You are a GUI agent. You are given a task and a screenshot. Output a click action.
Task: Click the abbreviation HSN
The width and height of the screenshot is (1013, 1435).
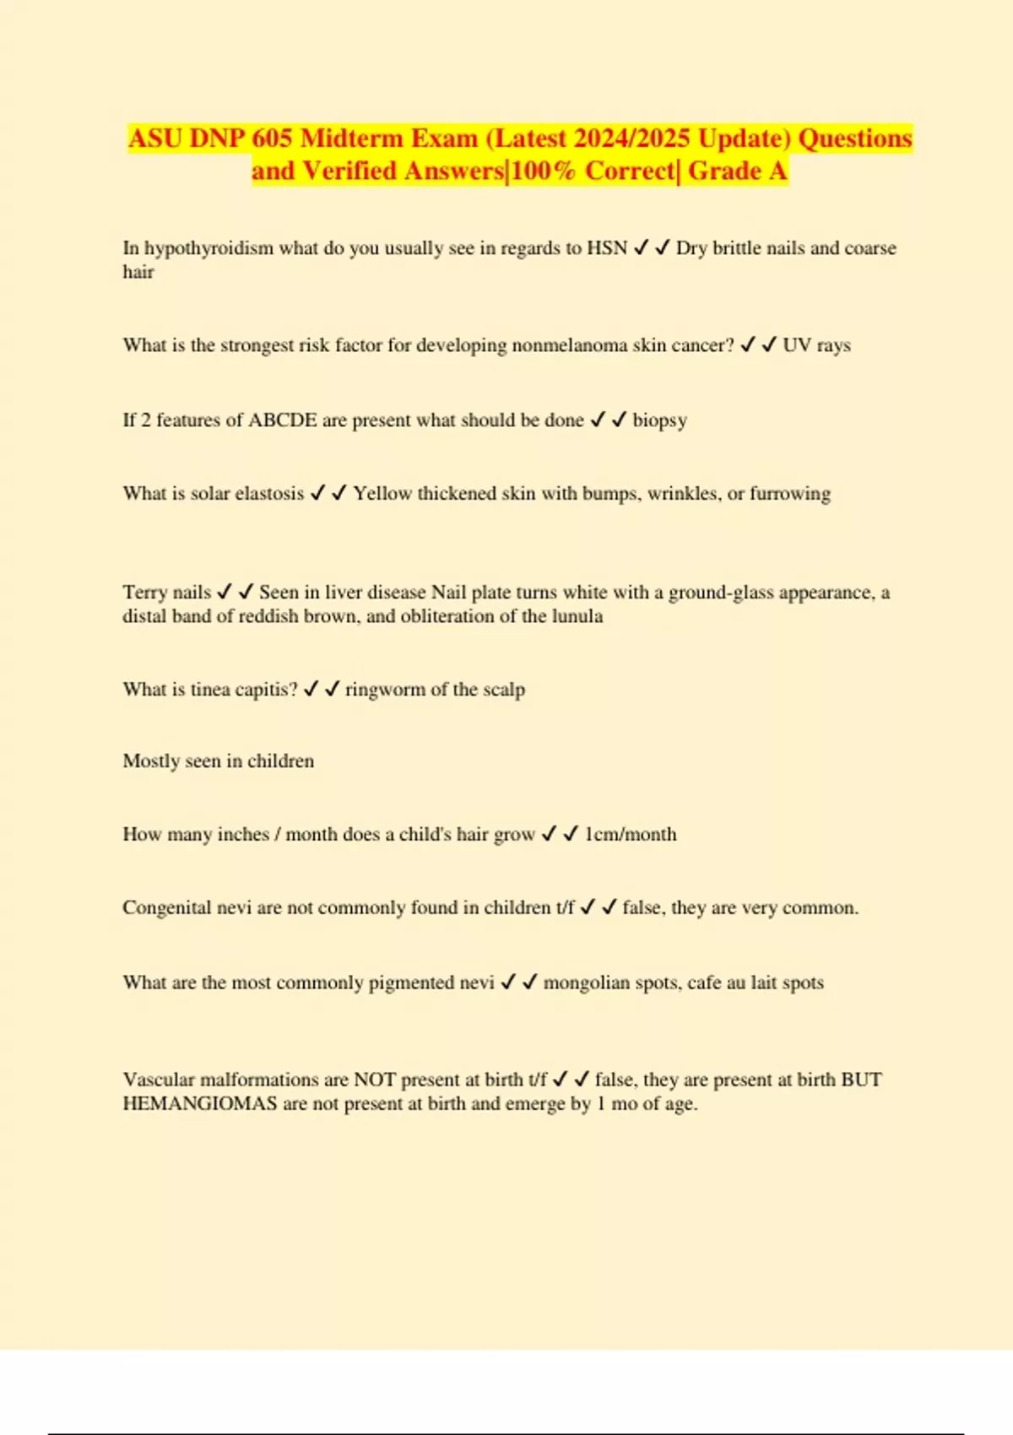pyautogui.click(x=607, y=248)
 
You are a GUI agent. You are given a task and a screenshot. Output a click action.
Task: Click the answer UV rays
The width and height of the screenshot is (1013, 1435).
pyautogui.click(x=816, y=345)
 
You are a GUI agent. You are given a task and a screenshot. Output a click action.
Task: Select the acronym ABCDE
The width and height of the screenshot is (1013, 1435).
pyautogui.click(x=282, y=420)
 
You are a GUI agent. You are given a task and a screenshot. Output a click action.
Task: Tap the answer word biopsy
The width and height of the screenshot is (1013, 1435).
pyautogui.click(x=659, y=420)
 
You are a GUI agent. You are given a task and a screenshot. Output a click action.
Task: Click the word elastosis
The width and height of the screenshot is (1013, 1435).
pyautogui.click(x=269, y=494)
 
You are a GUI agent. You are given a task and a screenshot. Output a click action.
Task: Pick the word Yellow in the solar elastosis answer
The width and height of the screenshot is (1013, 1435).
pyautogui.click(x=382, y=494)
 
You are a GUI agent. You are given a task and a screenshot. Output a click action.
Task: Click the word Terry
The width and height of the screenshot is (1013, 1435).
pyautogui.click(x=145, y=593)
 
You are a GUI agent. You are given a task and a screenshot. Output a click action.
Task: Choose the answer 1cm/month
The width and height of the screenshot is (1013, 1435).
pyautogui.click(x=631, y=835)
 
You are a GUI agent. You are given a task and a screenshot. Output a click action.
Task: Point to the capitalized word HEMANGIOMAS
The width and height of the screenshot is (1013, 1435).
pyautogui.click(x=199, y=1104)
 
